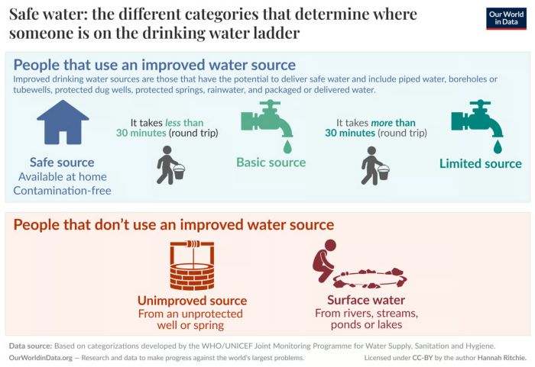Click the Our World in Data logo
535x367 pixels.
506,18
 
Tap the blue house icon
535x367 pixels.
63,122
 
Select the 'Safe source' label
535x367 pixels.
62,163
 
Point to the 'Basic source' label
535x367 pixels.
271,163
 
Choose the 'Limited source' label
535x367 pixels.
481,163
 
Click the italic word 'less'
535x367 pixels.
173,123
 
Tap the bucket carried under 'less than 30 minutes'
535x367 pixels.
179,172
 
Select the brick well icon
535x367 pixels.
192,266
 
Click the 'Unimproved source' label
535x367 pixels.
192,301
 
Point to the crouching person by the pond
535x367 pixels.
325,261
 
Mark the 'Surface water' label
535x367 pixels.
366,300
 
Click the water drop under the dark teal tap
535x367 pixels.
498,146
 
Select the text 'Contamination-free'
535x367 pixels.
62,191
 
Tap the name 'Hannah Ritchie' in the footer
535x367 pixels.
501,358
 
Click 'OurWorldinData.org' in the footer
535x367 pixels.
41,358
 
